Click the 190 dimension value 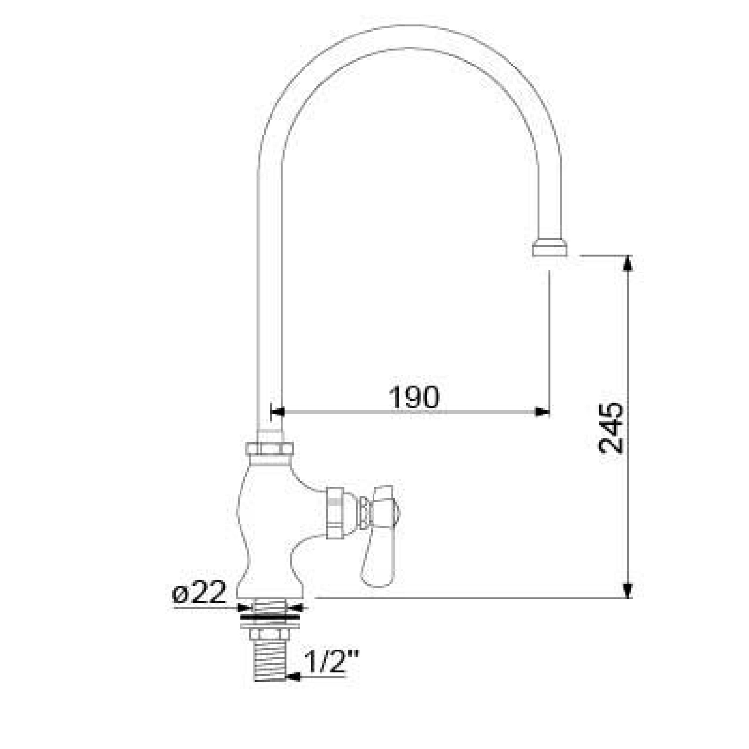pyautogui.click(x=414, y=397)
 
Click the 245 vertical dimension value pyautogui.click(x=611, y=428)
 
